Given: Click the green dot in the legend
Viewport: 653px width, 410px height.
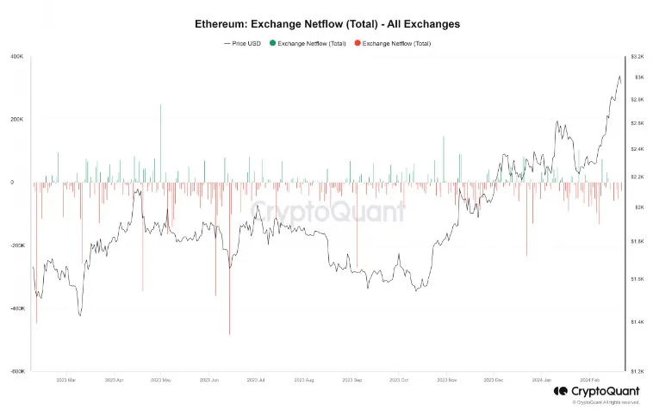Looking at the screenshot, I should [272, 43].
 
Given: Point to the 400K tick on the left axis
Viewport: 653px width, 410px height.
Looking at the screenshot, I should [17, 57].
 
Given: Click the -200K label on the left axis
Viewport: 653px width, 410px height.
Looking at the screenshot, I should [17, 245].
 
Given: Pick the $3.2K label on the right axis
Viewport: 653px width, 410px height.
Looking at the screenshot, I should [637, 56].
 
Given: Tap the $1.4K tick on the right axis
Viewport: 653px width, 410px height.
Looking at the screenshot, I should [637, 321].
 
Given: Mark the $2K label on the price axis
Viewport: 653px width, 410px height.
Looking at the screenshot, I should [637, 208].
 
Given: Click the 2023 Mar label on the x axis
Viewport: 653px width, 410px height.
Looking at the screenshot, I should [65, 379].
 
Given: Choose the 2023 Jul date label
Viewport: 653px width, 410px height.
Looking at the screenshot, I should [256, 379].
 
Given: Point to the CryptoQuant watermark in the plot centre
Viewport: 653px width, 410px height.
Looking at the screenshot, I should [327, 209].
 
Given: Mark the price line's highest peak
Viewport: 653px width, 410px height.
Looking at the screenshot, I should [619, 77].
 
